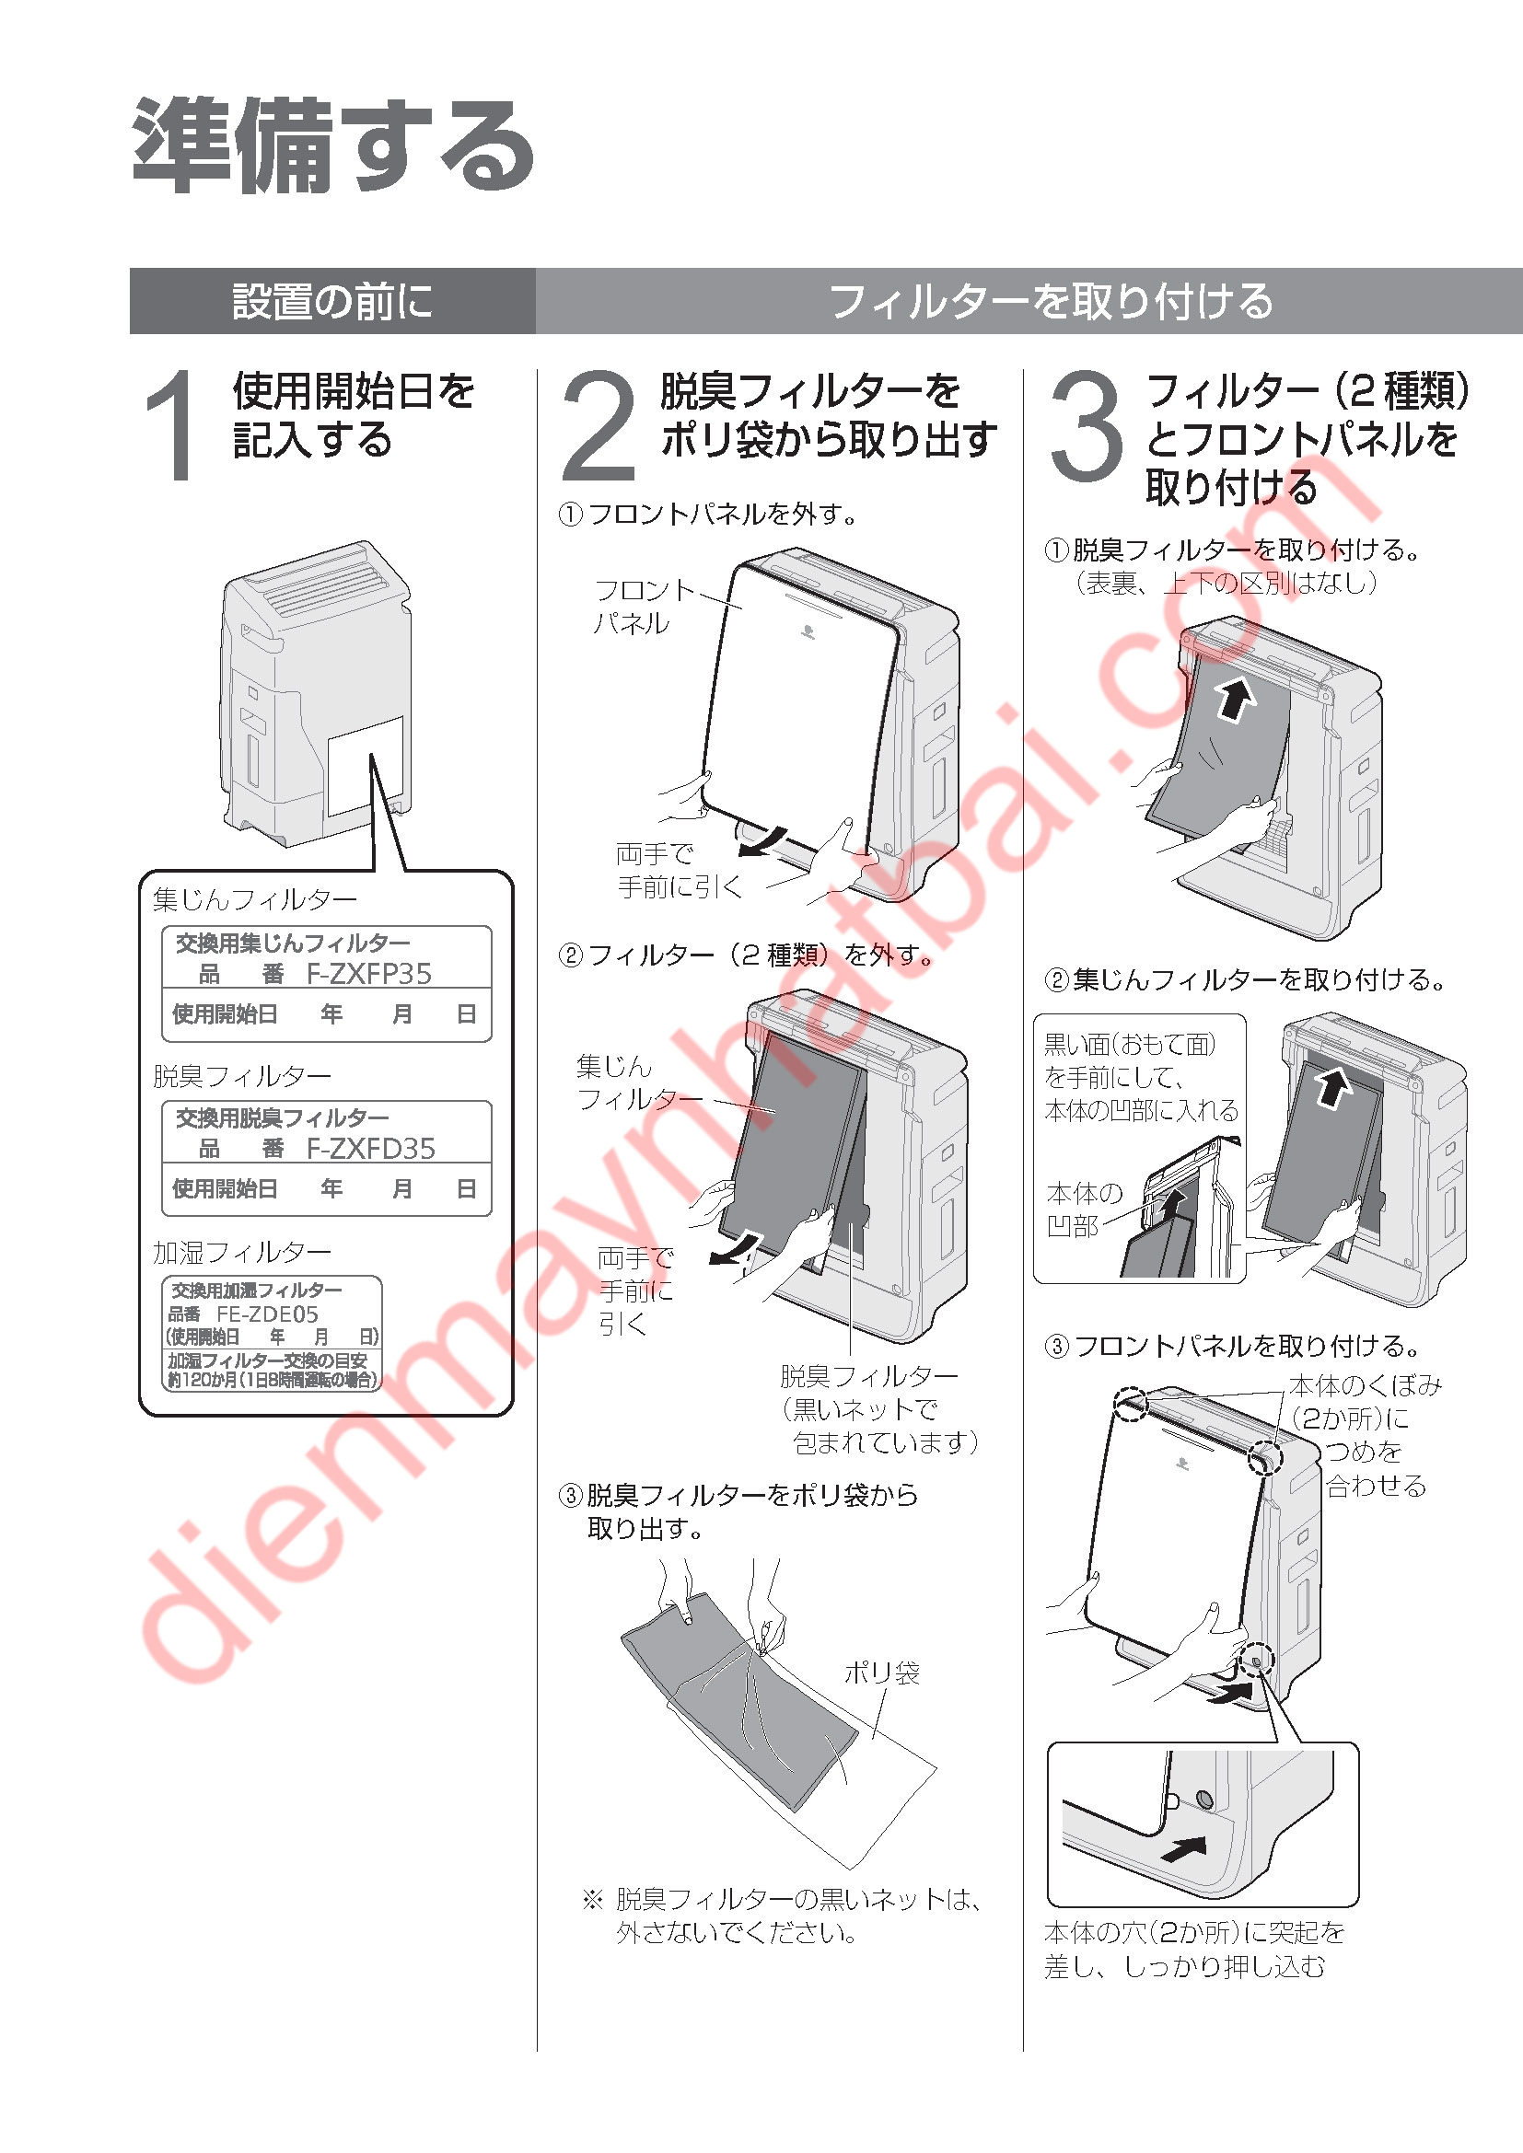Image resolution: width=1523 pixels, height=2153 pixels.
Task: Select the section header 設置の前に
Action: click(333, 301)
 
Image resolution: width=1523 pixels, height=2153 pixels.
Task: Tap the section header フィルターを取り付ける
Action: click(1052, 301)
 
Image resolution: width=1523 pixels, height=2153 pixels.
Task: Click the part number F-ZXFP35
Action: click(369, 974)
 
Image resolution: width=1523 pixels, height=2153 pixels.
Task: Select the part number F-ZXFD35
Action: click(370, 1149)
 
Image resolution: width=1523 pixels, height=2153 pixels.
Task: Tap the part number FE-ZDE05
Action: click(267, 1314)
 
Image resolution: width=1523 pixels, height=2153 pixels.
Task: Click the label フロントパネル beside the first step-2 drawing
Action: click(644, 606)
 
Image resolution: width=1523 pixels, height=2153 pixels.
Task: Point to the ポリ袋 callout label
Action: click(881, 1672)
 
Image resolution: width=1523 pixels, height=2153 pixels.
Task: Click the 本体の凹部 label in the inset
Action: click(1084, 1210)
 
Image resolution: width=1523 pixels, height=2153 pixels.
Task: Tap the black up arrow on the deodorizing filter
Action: click(1236, 699)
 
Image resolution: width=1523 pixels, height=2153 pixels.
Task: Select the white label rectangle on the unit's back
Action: click(366, 766)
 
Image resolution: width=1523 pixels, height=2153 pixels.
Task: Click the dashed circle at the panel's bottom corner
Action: click(1255, 1660)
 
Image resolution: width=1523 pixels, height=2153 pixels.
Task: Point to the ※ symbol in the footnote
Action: click(593, 1900)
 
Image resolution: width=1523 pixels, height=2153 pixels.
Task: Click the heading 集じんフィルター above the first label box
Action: click(255, 899)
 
